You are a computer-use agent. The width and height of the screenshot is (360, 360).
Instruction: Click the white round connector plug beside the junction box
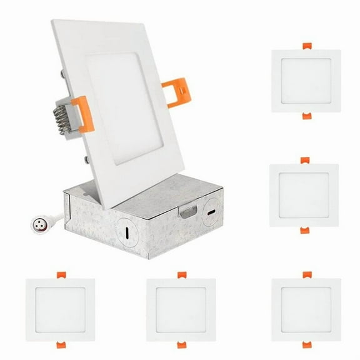click(x=37, y=222)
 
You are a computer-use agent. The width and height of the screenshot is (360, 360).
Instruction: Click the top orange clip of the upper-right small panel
click(x=306, y=46)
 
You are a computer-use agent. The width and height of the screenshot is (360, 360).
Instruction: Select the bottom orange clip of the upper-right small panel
click(x=306, y=116)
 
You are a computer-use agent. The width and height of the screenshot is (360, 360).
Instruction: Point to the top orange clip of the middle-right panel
click(x=304, y=161)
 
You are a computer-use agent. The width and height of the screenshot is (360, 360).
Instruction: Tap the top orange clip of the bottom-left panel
click(x=60, y=275)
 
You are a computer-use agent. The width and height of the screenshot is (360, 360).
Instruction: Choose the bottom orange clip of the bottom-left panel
click(x=60, y=344)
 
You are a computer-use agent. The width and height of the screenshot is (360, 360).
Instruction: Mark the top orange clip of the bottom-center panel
click(x=181, y=275)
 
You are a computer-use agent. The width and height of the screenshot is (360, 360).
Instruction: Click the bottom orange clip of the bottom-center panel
click(x=181, y=344)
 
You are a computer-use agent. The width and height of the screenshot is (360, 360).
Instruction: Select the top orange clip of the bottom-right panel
click(x=306, y=275)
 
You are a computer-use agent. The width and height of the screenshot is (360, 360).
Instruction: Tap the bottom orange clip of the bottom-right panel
click(x=306, y=344)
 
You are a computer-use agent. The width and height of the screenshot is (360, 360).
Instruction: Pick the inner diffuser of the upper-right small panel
click(x=306, y=81)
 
